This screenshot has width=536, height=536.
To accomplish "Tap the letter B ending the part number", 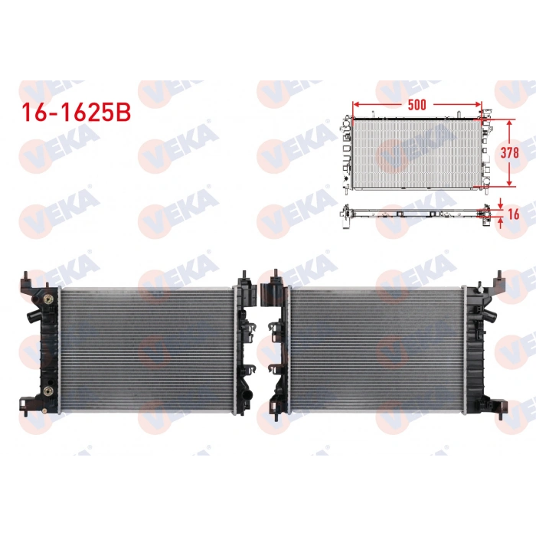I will point(123,112).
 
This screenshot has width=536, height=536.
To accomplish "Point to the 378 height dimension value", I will point(509,152).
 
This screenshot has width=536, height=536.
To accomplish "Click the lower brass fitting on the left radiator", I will point(48,391).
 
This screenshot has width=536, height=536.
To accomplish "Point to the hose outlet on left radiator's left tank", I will point(31,314).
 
